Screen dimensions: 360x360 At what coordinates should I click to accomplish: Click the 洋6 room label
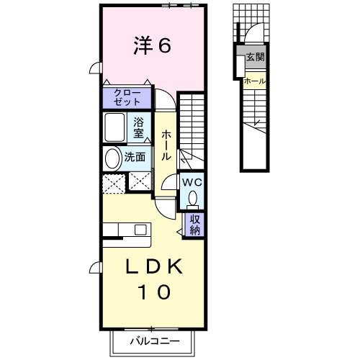(151, 46)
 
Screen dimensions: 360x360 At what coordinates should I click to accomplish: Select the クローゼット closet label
(127, 97)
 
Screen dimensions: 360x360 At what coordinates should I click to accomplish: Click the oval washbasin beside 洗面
(114, 158)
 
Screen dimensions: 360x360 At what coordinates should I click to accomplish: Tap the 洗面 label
(136, 158)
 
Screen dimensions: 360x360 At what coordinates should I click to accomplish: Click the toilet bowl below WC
(192, 197)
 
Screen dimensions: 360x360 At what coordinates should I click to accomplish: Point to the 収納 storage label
(195, 225)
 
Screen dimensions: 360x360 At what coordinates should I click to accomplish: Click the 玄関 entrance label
(255, 57)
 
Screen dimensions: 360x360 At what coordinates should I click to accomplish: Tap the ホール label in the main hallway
(166, 145)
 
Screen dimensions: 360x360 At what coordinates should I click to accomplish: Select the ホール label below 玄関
(254, 81)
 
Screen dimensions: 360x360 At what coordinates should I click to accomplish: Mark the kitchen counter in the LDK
(127, 230)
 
